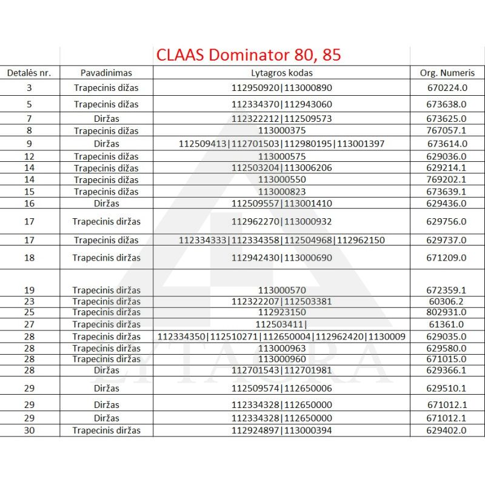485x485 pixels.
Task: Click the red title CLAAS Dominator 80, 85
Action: (x=249, y=55)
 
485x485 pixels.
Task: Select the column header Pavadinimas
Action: (x=106, y=73)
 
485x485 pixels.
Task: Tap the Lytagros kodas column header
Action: (x=281, y=73)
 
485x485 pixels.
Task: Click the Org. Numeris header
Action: (x=447, y=73)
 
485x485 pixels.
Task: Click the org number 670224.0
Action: (x=447, y=88)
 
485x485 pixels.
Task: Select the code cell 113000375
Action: (x=281, y=130)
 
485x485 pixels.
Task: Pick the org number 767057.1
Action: (x=447, y=130)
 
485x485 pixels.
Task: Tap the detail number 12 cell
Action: (x=29, y=156)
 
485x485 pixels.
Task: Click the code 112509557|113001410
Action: (x=281, y=203)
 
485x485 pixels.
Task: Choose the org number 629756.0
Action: (x=447, y=221)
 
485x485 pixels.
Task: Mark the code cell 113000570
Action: (x=281, y=290)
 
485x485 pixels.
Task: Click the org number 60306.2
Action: (x=447, y=301)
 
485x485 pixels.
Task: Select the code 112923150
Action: (x=281, y=312)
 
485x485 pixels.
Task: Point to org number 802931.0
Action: (x=447, y=312)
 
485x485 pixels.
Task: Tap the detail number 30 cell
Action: (x=29, y=430)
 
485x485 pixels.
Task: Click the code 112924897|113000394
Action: (x=281, y=430)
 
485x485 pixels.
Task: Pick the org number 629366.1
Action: (x=447, y=370)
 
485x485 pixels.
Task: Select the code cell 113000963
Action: (x=281, y=348)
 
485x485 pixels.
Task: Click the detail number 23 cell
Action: (x=29, y=301)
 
